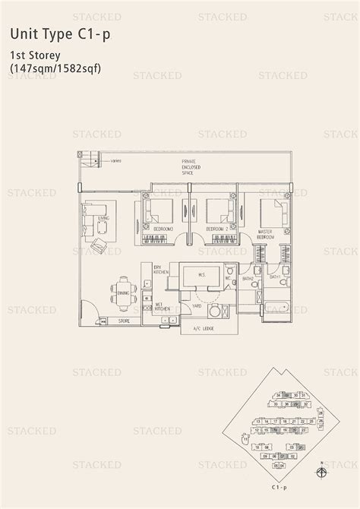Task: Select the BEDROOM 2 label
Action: tap(218, 229)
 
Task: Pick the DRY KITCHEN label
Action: tap(159, 271)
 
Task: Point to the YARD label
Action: tap(195, 308)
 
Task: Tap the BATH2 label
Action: tap(248, 280)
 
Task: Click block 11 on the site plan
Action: tap(245, 438)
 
